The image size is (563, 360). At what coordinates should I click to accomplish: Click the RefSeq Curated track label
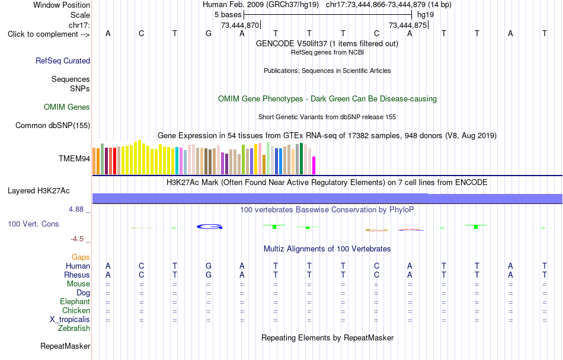click(62, 60)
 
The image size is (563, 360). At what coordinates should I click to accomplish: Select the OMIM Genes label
click(67, 107)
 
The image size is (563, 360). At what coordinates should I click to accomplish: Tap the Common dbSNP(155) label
click(52, 125)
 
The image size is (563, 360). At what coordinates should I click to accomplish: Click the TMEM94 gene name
click(74, 158)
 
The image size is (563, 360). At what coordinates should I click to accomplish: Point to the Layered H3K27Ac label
click(39, 191)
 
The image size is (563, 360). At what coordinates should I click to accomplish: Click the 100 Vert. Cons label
click(33, 224)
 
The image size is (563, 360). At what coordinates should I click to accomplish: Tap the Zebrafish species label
click(74, 329)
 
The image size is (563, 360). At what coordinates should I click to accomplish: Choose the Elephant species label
click(75, 302)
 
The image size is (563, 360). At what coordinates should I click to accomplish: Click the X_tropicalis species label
click(70, 320)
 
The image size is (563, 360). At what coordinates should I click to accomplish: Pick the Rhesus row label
click(77, 275)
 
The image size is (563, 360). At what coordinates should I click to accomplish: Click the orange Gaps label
click(81, 257)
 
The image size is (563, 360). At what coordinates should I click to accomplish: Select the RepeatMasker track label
click(65, 346)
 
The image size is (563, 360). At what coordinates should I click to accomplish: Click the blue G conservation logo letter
click(210, 227)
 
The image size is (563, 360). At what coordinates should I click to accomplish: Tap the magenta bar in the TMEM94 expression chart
click(314, 165)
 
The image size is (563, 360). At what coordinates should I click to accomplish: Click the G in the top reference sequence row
click(209, 34)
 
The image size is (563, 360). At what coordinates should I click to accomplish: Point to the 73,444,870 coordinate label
click(240, 25)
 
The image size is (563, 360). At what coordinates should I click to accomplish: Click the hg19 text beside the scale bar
click(426, 15)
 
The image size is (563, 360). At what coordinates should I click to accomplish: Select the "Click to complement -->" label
click(49, 34)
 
